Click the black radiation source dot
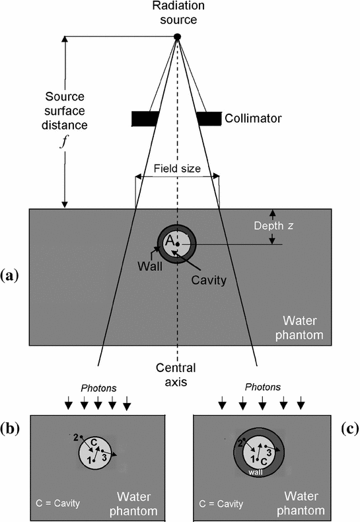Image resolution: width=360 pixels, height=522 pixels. tap(177, 36)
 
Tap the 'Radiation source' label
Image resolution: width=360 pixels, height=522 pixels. tap(177, 13)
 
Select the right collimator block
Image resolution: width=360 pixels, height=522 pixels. tap(209, 118)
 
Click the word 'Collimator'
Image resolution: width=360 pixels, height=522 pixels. tap(252, 119)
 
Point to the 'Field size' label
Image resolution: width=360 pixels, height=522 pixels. tap(177, 168)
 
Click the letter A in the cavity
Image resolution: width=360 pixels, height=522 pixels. tap(168, 243)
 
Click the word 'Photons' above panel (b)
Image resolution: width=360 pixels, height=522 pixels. tap(96, 387)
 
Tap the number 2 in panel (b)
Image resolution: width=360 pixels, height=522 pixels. tap(76, 437)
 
